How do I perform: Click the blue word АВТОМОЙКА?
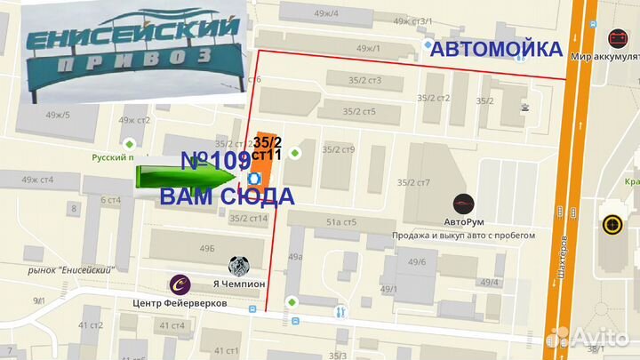496,50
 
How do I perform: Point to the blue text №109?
215,161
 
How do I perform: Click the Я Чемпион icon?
239,265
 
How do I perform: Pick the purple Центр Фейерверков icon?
180,284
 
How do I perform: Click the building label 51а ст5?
341,221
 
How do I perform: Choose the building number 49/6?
417,261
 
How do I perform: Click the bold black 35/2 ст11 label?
268,148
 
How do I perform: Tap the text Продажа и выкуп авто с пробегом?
463,236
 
